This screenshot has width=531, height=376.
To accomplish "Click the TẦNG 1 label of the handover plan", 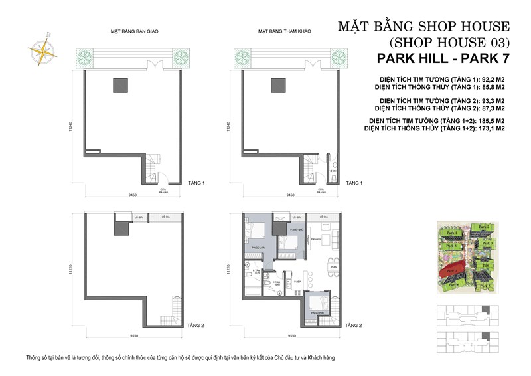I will [x=196, y=183].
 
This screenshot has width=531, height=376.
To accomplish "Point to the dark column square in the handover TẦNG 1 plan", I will [x=120, y=84].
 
